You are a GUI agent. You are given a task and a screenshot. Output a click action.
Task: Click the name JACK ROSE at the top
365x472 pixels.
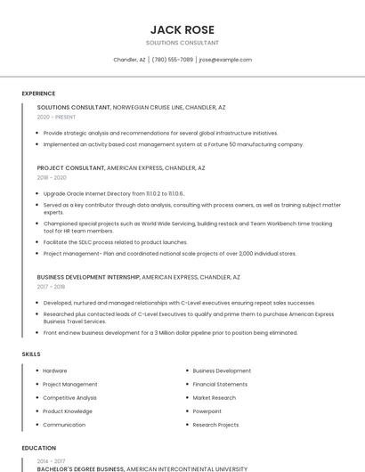pos(182,29)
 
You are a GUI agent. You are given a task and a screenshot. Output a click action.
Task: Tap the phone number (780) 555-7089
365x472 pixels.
pos(172,60)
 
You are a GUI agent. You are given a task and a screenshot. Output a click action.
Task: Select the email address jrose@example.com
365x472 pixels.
pos(225,60)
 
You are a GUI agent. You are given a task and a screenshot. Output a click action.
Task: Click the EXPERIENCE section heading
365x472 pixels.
pos(38,94)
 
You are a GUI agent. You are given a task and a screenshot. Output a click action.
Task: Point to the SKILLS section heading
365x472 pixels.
pos(31,354)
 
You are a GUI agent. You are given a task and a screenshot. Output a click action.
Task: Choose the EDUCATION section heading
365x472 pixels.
pos(38,448)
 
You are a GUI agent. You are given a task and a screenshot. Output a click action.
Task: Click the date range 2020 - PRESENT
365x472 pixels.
pos(56,117)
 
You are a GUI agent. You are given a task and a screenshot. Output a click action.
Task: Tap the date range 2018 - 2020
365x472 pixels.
pos(52,177)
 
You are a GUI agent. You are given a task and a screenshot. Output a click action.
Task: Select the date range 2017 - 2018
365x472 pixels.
pos(52,287)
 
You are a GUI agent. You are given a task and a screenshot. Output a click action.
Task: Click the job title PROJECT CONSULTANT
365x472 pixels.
pos(70,167)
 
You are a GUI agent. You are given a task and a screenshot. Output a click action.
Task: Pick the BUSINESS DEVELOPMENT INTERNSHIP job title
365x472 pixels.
pos(88,277)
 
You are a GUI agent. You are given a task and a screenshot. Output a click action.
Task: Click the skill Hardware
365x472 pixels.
pos(55,370)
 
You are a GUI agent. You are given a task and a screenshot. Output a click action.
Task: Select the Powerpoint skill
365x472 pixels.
pos(207,411)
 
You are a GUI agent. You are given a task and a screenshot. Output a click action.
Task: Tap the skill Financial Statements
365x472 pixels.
pos(220,384)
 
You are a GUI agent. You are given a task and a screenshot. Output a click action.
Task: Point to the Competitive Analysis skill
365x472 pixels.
pos(69,397)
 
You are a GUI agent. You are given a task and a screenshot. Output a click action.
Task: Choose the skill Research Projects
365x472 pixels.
pos(215,425)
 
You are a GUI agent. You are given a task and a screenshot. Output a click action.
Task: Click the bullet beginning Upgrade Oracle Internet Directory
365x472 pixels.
pos(114,192)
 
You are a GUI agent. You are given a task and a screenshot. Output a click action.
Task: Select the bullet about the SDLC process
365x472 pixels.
pos(116,241)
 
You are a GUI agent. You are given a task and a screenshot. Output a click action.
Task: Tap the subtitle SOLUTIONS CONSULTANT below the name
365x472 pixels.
pos(182,43)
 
